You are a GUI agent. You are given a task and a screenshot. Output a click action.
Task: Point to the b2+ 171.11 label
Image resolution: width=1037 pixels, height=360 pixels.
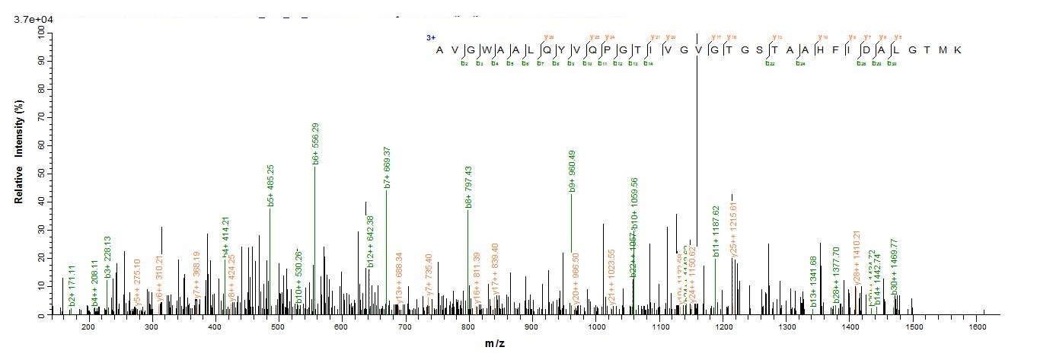[x=71, y=292]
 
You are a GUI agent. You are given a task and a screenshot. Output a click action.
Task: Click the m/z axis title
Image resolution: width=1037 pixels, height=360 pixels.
[x=495, y=344]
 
